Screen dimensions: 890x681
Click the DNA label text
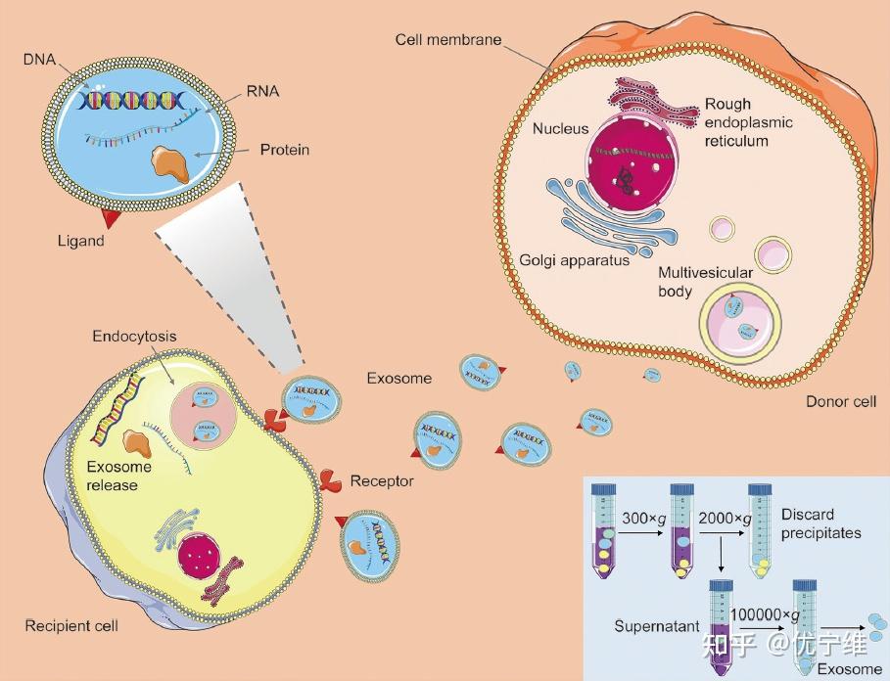(x=39, y=59)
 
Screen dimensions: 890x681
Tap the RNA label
(x=262, y=91)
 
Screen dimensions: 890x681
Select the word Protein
(x=285, y=150)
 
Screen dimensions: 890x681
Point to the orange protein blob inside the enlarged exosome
(x=170, y=163)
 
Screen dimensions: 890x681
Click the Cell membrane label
(x=448, y=40)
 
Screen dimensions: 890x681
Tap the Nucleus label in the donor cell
(x=560, y=129)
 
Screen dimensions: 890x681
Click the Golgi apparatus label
(x=575, y=260)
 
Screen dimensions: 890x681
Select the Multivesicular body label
(x=705, y=282)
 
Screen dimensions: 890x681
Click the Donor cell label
(x=841, y=401)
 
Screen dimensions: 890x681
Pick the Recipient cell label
(x=71, y=626)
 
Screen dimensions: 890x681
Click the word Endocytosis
(x=134, y=337)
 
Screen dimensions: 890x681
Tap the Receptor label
(x=382, y=481)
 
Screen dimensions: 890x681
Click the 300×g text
(x=643, y=519)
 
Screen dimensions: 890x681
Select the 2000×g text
(x=725, y=519)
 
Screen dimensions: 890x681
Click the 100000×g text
(x=765, y=615)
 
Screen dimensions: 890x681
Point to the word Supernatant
(x=657, y=626)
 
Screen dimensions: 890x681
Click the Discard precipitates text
(x=820, y=523)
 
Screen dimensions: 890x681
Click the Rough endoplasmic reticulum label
(x=749, y=122)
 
